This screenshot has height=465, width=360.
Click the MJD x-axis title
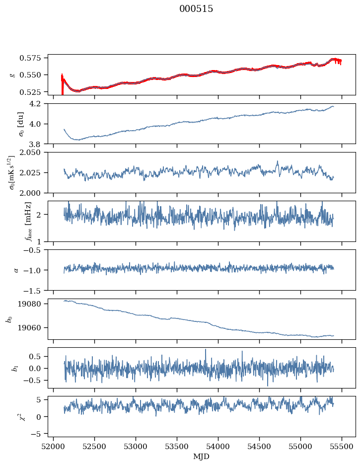pos(201,456)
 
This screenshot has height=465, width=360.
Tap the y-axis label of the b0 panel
pos(9,319)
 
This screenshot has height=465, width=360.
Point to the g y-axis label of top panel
pos(12,75)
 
